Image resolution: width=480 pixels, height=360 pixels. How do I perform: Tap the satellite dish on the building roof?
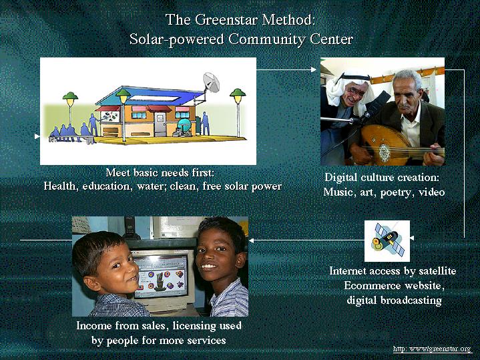pyautogui.click(x=211, y=82)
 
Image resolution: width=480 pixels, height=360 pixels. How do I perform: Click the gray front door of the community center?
pyautogui.click(x=160, y=124)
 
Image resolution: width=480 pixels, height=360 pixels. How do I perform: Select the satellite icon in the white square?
pyautogui.click(x=387, y=241)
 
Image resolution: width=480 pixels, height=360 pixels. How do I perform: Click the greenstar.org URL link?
pyautogui.click(x=432, y=349)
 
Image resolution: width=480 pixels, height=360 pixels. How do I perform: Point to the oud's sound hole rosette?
pyautogui.click(x=384, y=151)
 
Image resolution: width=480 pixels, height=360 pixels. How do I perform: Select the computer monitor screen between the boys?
pyautogui.click(x=161, y=277)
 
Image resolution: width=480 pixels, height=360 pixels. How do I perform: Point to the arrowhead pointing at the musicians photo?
pyautogui.click(x=314, y=70)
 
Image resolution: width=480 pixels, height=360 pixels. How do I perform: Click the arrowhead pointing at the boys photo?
pyautogui.click(x=251, y=240)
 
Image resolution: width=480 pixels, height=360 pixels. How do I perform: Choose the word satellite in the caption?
pyautogui.click(x=437, y=271)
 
